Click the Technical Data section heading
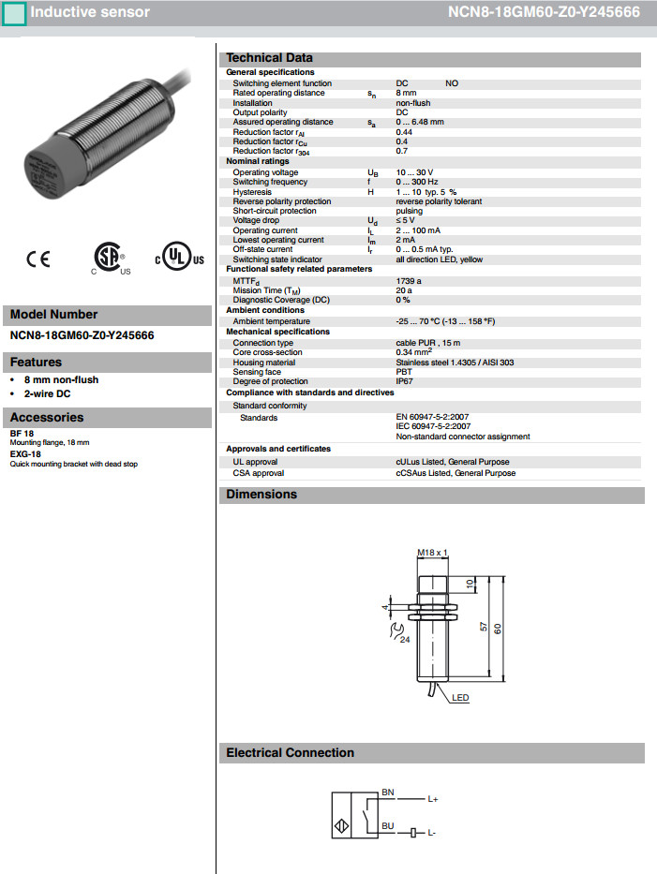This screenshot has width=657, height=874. [x=270, y=58]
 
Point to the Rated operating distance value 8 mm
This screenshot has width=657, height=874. [x=406, y=93]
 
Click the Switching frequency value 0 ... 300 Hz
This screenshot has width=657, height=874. [x=417, y=182]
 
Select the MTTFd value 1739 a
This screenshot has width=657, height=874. [x=410, y=280]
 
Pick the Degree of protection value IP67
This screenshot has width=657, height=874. [x=405, y=381]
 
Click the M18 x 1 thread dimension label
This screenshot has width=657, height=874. [x=432, y=553]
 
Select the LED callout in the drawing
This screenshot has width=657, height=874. [x=460, y=698]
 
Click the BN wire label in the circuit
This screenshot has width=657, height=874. [x=388, y=793]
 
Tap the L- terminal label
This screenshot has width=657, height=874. [x=433, y=833]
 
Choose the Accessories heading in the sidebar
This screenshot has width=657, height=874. [x=47, y=417]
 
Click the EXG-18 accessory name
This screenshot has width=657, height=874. [x=25, y=454]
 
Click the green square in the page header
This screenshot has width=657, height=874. [x=14, y=13]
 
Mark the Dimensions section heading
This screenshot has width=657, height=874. [x=261, y=495]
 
